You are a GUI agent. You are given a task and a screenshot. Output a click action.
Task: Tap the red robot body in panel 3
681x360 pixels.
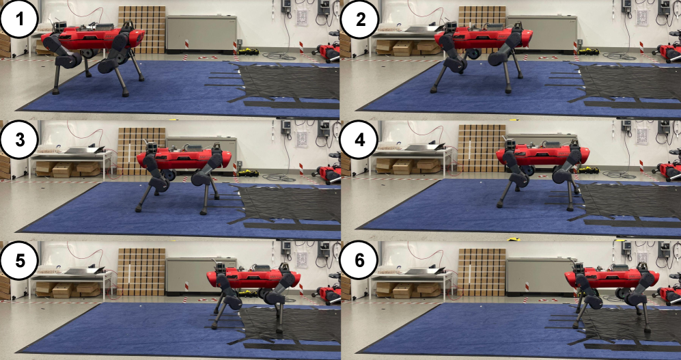pos(184,158)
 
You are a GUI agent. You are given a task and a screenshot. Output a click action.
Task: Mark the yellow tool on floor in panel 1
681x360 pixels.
pos(248,52)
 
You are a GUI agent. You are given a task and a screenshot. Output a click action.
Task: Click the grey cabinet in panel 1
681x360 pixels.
pos(201,34)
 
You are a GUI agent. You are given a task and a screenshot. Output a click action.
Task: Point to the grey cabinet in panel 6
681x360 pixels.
pos(540,275)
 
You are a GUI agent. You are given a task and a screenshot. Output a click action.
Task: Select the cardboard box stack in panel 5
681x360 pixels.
pos(141,271)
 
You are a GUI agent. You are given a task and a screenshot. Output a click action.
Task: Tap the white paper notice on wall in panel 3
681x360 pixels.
pos(302,139)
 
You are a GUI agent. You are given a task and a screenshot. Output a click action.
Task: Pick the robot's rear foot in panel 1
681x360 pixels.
pos(55,92)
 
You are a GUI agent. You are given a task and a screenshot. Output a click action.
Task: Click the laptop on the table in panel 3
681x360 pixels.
pos(85,150)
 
